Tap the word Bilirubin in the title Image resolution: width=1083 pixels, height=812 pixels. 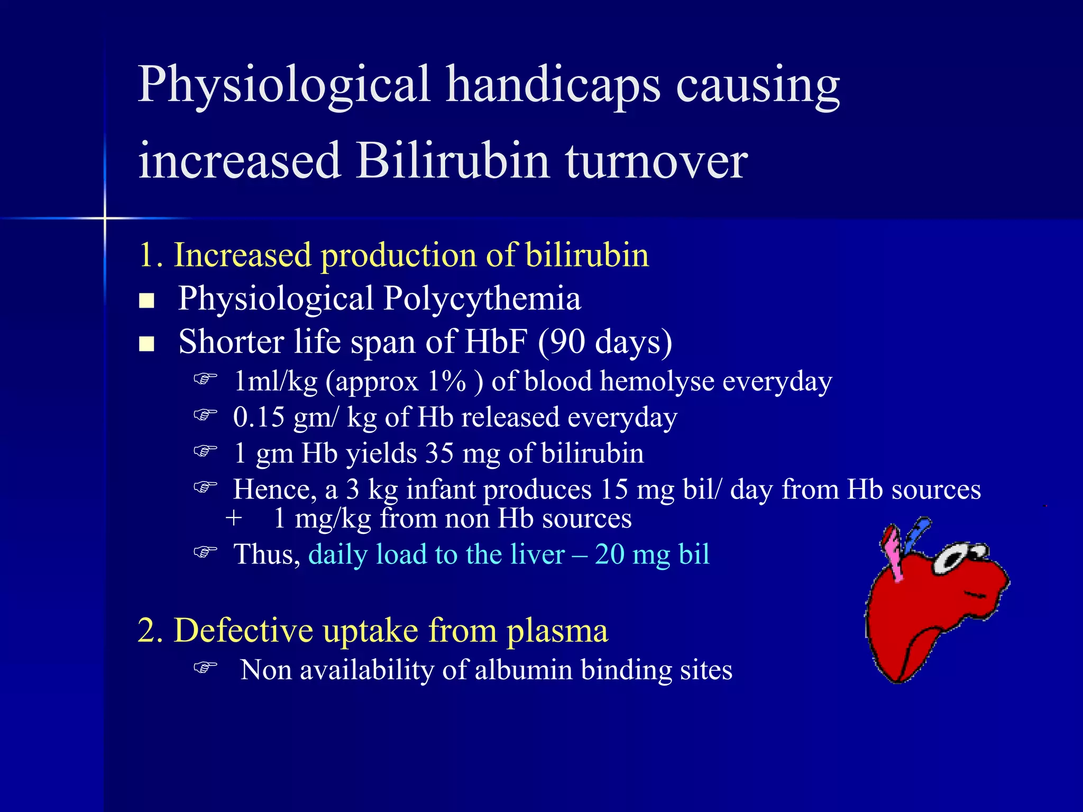453,161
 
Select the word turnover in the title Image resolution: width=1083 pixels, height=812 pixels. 656,161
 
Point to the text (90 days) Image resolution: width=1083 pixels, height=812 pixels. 605,342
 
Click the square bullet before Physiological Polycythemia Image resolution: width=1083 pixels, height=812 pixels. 146,301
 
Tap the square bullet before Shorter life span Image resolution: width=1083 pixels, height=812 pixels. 146,344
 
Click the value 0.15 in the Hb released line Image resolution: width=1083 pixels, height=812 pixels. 259,417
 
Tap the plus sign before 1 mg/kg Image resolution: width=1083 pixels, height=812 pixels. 233,518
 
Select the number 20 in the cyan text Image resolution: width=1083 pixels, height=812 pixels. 609,555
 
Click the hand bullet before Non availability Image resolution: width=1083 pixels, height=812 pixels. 205,668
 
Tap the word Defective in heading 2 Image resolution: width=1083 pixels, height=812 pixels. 244,630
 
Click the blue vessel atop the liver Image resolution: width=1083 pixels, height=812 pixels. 917,531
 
